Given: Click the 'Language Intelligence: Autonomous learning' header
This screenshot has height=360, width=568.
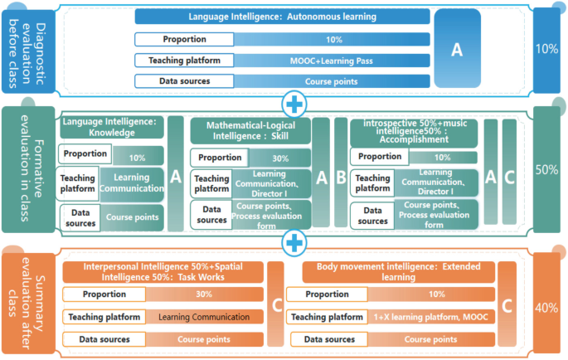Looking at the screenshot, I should click(x=282, y=17).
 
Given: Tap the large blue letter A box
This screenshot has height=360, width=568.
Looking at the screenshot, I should click(x=456, y=50).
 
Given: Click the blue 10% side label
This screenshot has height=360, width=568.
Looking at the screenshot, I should click(x=547, y=48).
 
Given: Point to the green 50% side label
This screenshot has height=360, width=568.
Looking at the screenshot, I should click(x=547, y=170).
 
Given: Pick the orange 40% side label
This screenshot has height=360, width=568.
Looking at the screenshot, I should click(x=547, y=308).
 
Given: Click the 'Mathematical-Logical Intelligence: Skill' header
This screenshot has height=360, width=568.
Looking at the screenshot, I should click(x=250, y=130).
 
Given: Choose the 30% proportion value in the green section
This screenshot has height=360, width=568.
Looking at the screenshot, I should click(x=280, y=158).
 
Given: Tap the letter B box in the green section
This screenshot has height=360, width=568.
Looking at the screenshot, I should click(x=341, y=177).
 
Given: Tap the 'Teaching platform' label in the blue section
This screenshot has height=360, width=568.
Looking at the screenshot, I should click(x=184, y=61).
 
